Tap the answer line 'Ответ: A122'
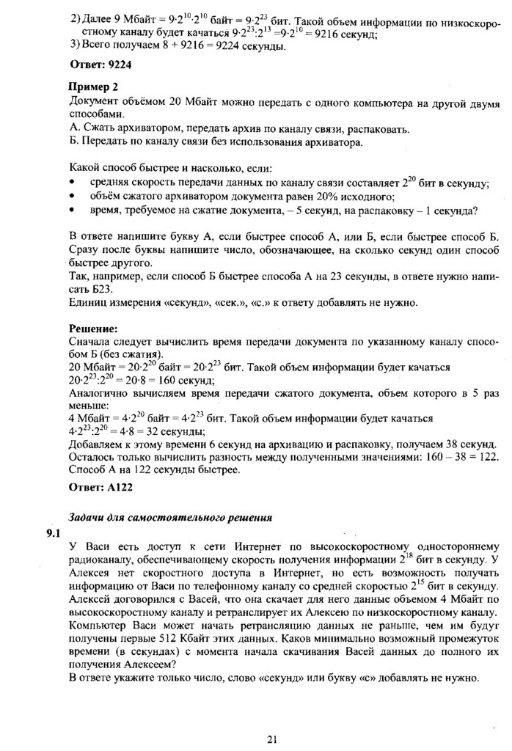(x=100, y=486)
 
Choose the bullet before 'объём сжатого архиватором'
(x=71, y=197)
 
